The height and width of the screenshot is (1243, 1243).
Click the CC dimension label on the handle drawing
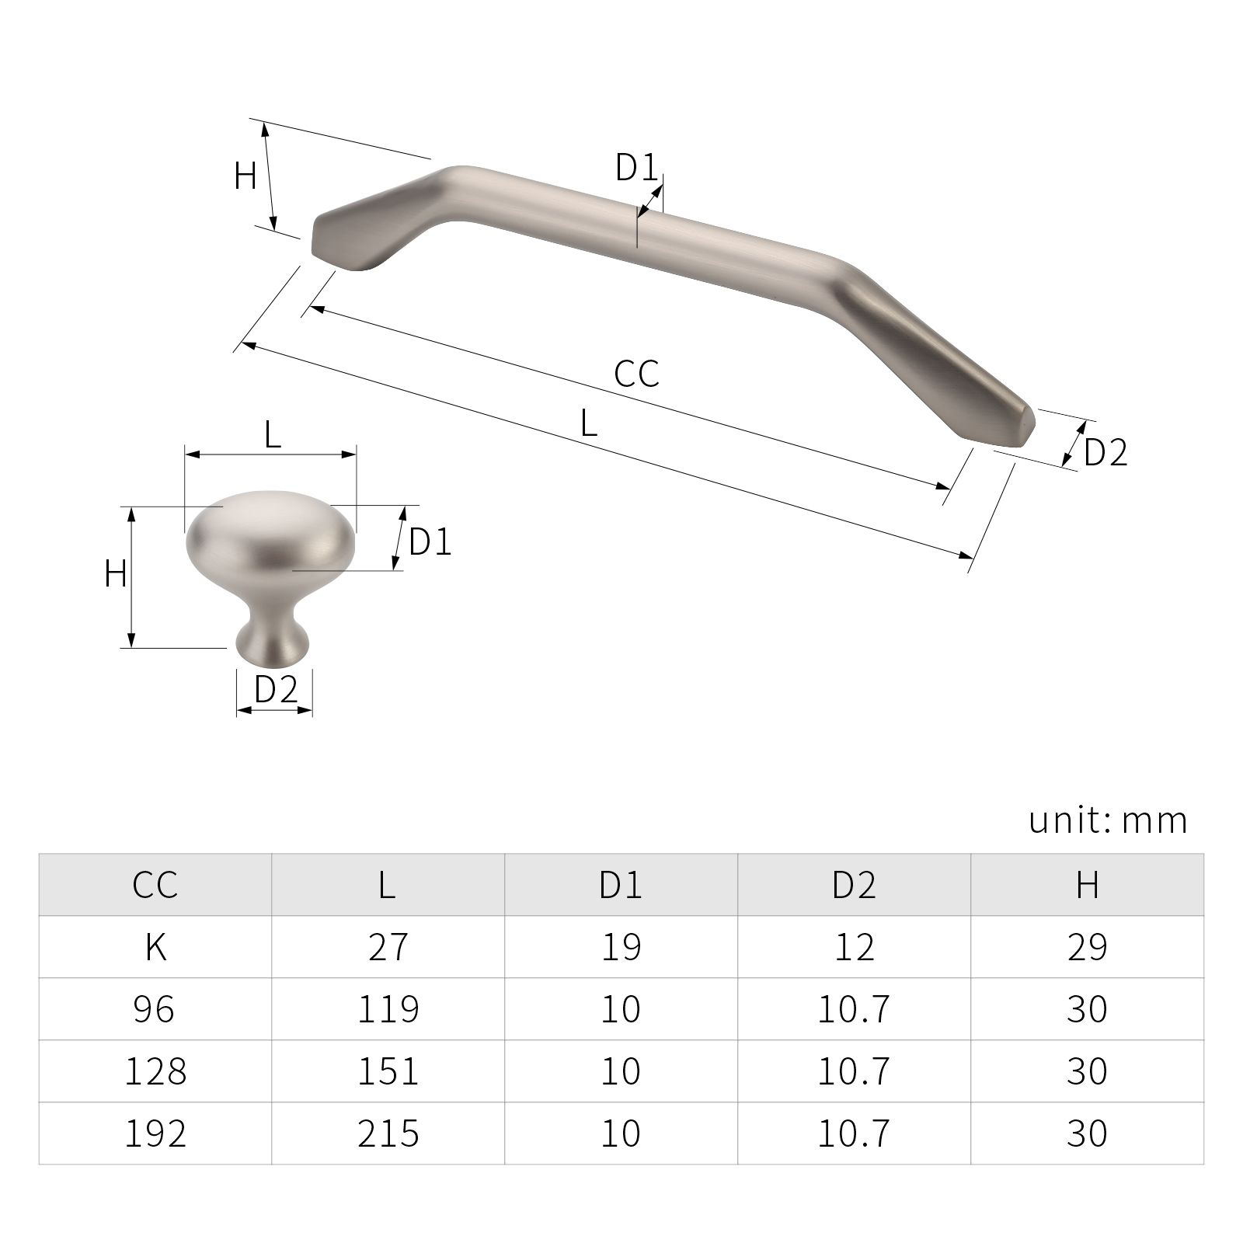pyautogui.click(x=636, y=373)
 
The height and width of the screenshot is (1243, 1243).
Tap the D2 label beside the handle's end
pyautogui.click(x=1105, y=452)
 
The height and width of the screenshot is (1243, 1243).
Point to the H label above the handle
pyautogui.click(x=245, y=176)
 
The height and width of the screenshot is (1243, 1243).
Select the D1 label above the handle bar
pyautogui.click(x=636, y=167)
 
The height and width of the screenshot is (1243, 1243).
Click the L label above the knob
pyautogui.click(x=272, y=435)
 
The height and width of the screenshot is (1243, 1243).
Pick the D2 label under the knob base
pyautogui.click(x=277, y=689)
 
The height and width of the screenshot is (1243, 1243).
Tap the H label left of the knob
pyautogui.click(x=116, y=574)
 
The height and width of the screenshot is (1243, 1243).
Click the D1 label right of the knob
pyautogui.click(x=430, y=541)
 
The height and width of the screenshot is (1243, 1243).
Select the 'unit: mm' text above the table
pyautogui.click(x=1109, y=820)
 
